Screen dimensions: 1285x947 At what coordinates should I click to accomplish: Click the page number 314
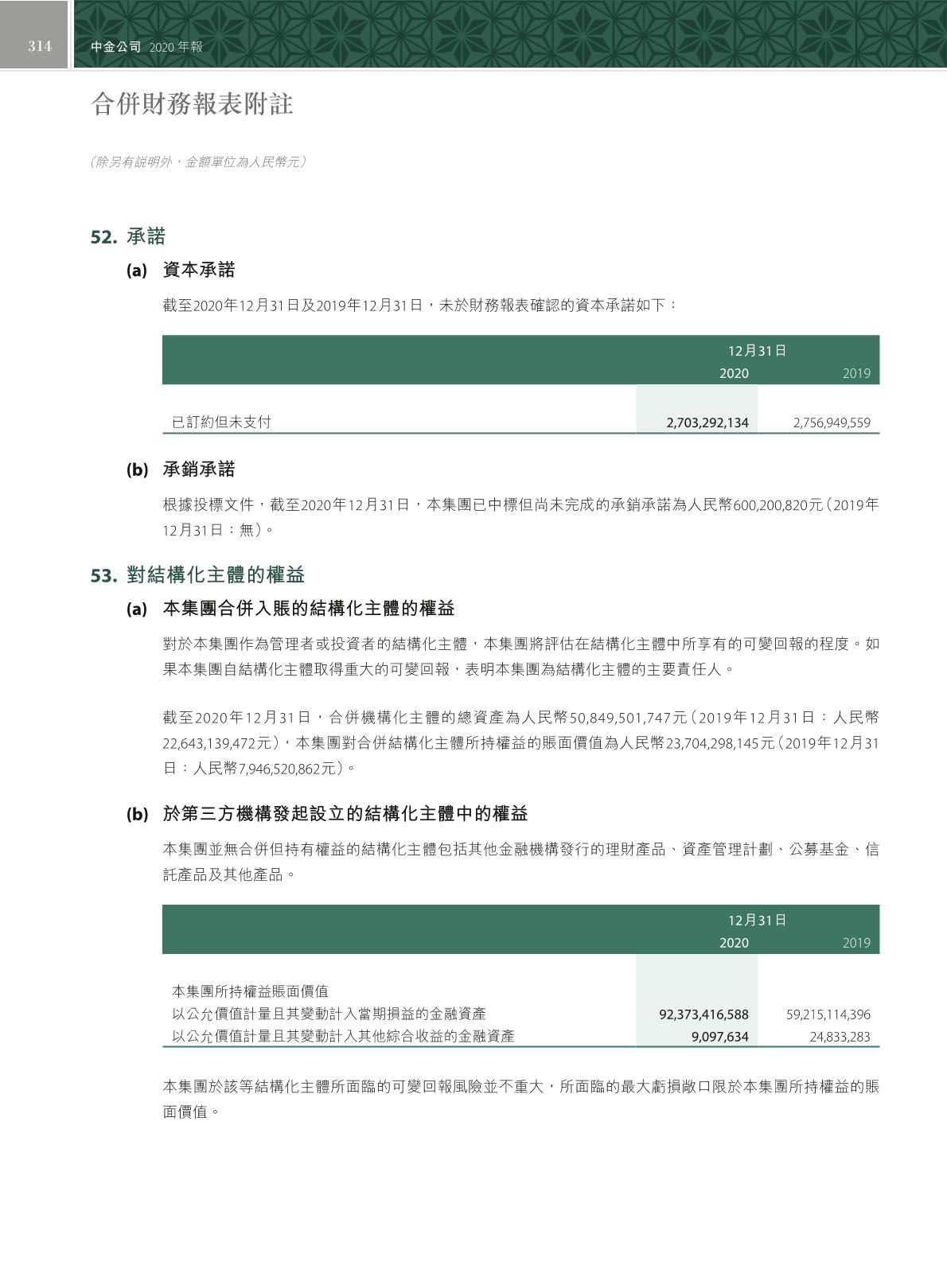tap(40, 46)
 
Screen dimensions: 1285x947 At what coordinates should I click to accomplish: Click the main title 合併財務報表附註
tap(193, 104)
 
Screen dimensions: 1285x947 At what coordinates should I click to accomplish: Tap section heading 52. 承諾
tap(128, 236)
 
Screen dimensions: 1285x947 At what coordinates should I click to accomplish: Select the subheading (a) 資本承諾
tap(181, 271)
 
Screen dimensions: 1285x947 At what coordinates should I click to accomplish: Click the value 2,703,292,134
tap(707, 423)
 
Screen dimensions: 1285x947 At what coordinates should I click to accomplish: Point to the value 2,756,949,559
tap(831, 423)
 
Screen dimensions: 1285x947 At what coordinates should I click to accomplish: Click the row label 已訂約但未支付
tap(221, 422)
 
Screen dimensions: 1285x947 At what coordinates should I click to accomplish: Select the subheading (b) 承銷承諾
tap(181, 469)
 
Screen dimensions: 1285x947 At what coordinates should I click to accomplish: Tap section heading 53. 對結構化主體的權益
tap(197, 575)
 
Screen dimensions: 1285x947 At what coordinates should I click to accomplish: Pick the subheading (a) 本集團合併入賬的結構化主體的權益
tap(290, 609)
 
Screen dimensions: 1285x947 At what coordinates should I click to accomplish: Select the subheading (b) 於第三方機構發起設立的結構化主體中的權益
tap(327, 814)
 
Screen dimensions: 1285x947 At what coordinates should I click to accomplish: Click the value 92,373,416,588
tap(703, 1014)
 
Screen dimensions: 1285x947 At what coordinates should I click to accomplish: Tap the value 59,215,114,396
tap(828, 1014)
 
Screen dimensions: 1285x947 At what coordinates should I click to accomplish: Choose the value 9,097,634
tap(719, 1037)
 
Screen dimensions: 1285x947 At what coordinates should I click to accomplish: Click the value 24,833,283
tap(840, 1037)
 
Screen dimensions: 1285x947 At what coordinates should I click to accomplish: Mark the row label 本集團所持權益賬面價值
tap(250, 991)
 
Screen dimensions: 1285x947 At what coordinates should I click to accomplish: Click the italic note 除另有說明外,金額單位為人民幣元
tap(198, 162)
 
